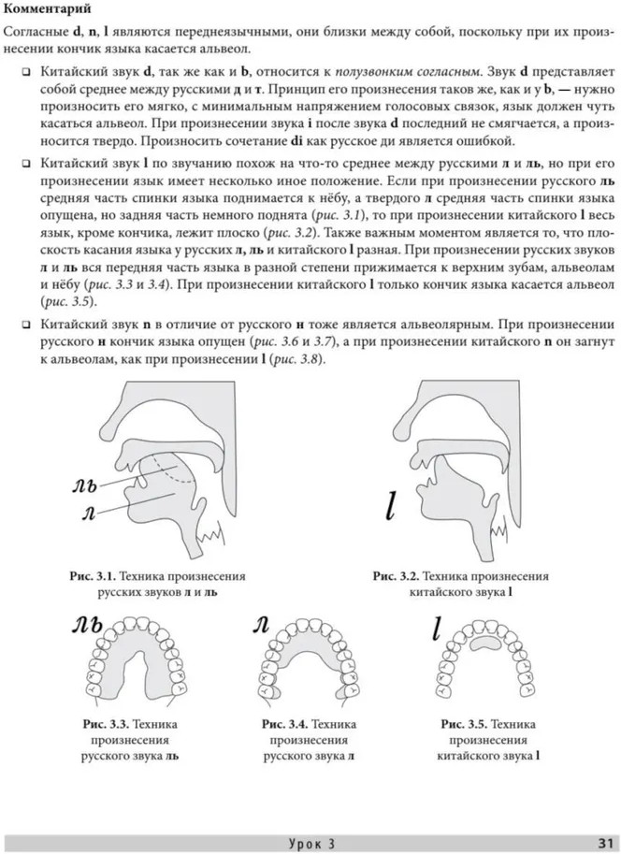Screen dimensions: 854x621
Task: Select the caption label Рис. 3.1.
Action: coord(92,576)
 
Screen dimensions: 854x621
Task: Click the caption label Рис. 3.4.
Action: coord(284,724)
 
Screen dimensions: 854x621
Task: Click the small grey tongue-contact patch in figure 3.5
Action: coord(488,644)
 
